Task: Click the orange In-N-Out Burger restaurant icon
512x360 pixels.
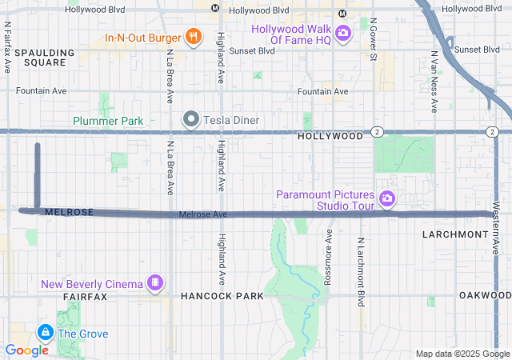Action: click(x=192, y=36)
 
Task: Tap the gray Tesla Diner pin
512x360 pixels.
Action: click(x=191, y=120)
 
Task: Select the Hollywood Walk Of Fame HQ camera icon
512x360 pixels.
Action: click(x=343, y=33)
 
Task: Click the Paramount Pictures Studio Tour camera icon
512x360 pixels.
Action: click(x=387, y=198)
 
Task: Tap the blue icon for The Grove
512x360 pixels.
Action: click(x=46, y=332)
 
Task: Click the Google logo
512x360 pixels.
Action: click(x=26, y=350)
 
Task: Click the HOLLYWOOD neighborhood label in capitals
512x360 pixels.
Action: click(x=330, y=137)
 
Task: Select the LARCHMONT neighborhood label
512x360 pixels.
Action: click(x=454, y=234)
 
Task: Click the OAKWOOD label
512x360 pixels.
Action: click(x=485, y=295)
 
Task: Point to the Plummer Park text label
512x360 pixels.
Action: click(x=108, y=121)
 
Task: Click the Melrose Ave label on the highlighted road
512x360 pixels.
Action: click(x=203, y=214)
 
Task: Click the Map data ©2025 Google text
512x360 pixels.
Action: click(x=462, y=354)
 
